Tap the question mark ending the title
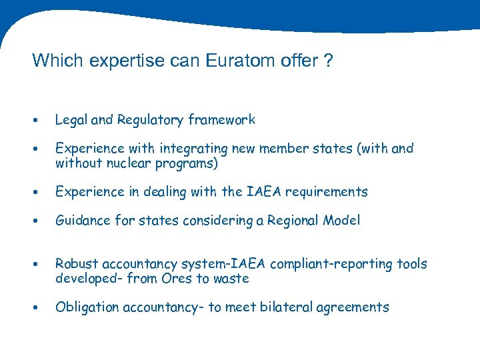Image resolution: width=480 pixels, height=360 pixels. (x=327, y=61)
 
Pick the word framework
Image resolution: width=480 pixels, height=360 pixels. (x=221, y=120)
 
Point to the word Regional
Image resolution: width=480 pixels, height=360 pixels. (x=295, y=221)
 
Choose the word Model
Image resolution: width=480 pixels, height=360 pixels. (x=342, y=221)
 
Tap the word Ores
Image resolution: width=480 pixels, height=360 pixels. (x=177, y=279)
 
